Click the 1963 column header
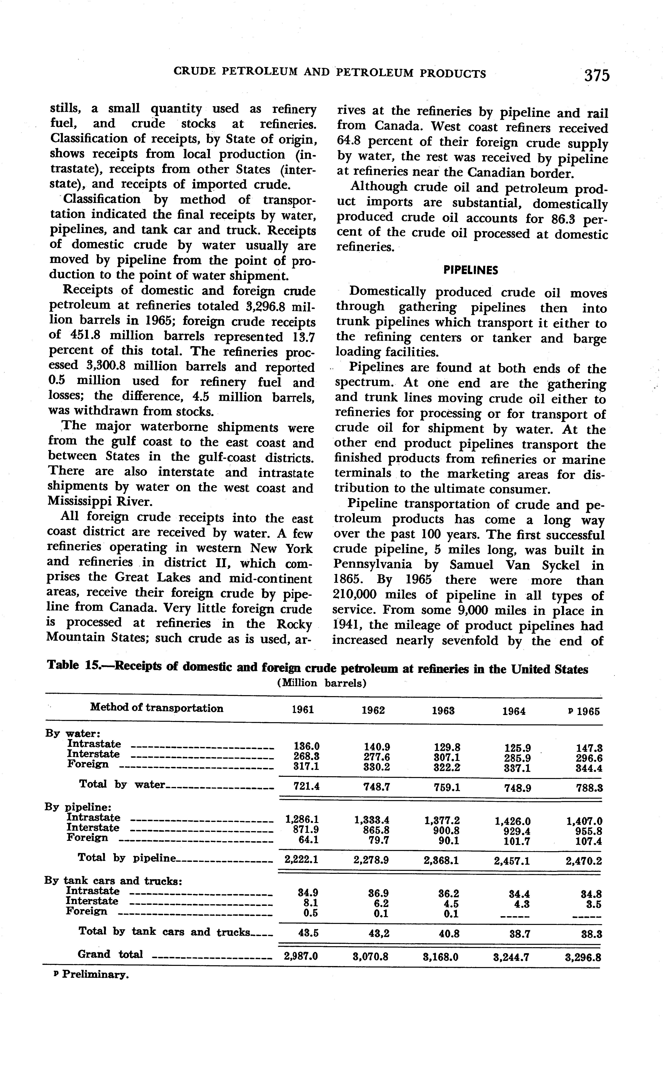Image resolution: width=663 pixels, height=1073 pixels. pyautogui.click(x=443, y=711)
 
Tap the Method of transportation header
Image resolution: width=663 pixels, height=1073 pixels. pyautogui.click(x=157, y=708)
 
